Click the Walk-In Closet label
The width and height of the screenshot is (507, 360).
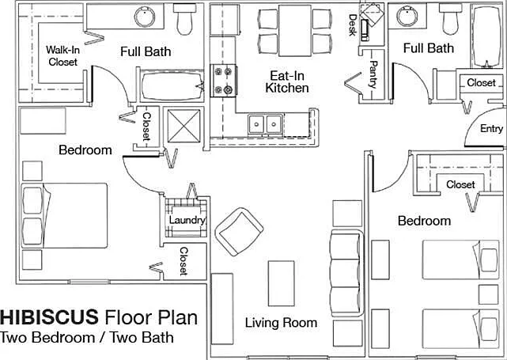point(62,56)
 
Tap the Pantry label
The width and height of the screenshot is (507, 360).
point(373,74)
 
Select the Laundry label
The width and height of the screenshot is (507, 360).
point(187,220)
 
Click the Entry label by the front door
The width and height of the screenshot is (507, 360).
point(491,128)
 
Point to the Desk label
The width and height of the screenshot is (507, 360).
point(353,25)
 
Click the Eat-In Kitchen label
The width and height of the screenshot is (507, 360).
point(287,81)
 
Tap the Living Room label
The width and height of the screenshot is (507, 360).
point(281,323)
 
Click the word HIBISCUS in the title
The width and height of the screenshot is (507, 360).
point(49,316)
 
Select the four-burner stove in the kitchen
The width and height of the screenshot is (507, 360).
point(223,80)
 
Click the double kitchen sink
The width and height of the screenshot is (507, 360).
point(266,124)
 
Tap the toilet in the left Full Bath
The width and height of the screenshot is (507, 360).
point(184,19)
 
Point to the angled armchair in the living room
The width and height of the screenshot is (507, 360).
point(239,232)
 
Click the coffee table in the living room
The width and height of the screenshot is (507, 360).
point(282,283)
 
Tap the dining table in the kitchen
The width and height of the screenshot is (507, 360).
point(295,30)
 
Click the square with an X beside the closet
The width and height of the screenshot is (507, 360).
point(184,126)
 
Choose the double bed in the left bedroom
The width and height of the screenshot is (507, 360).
point(64,216)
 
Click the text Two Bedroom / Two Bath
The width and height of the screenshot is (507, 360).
point(87,337)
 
